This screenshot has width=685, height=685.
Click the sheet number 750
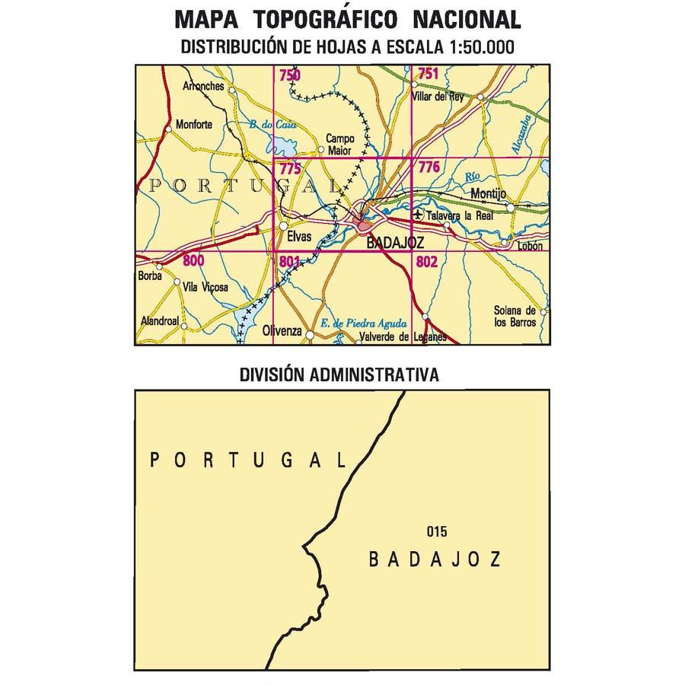tap(289, 75)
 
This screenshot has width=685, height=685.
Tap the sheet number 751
tap(429, 74)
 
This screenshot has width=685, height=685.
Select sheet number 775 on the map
tap(289, 169)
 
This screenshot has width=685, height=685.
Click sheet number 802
tap(428, 262)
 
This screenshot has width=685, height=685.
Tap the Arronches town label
tap(204, 87)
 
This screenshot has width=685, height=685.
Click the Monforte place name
tap(195, 125)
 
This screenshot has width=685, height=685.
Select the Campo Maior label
tap(340, 143)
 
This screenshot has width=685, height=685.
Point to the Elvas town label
tap(299, 237)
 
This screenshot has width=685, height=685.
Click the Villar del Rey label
tap(437, 97)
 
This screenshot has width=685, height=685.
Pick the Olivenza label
tap(282, 333)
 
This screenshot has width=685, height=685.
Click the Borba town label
tap(151, 276)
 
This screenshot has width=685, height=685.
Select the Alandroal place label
tap(160, 322)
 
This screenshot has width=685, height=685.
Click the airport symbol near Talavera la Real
tap(417, 216)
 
